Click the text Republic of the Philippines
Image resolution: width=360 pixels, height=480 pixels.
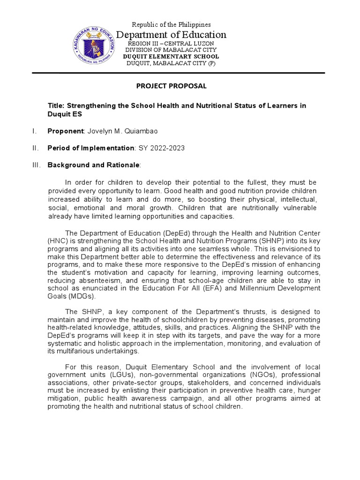(x=171, y=24)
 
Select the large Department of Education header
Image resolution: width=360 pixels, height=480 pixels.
(x=171, y=35)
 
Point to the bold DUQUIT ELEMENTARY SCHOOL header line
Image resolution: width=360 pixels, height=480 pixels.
(x=171, y=57)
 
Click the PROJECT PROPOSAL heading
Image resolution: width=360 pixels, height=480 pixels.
(x=171, y=86)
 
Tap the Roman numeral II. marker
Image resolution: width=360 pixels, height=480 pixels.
(x=36, y=148)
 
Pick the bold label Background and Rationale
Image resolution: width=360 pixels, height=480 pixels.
(x=93, y=165)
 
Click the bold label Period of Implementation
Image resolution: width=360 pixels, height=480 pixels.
(x=90, y=148)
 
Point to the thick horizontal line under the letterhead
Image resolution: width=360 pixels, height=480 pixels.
(x=178, y=73)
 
